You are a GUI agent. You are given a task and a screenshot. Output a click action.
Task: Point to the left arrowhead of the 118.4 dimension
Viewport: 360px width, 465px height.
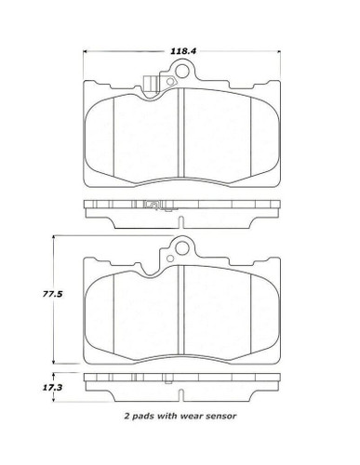tap(85, 53)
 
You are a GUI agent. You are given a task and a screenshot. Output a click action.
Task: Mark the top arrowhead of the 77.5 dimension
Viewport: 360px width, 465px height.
tap(55, 238)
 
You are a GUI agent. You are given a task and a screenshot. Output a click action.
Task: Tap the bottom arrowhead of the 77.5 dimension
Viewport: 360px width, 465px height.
tap(55, 364)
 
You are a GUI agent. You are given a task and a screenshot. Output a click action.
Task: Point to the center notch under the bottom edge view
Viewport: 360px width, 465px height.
tap(181, 394)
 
